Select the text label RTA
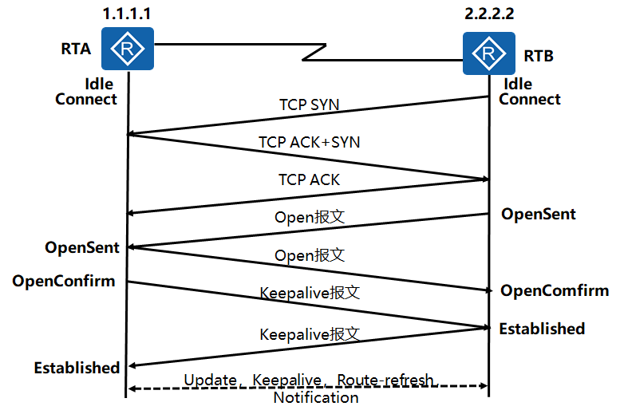[x=76, y=49]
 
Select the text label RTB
[x=539, y=57]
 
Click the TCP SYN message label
[x=309, y=104]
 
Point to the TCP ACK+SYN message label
[x=309, y=142]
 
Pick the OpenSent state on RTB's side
[x=539, y=215]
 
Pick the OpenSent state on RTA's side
[x=82, y=247]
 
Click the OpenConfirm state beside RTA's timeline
[x=63, y=281]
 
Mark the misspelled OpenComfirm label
[x=555, y=290]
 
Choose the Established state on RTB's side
[x=543, y=329]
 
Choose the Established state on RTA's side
[x=77, y=368]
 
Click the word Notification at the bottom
[x=316, y=398]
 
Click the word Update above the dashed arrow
[x=210, y=380]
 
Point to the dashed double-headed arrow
[x=239, y=388]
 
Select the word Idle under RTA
[x=99, y=84]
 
